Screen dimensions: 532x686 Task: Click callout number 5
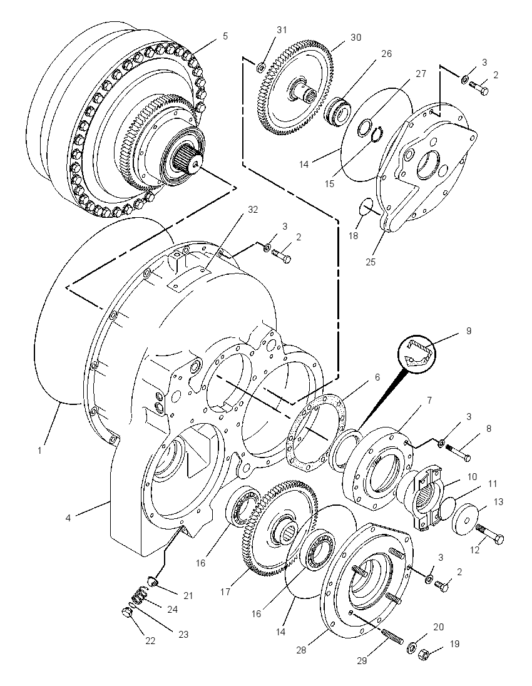(x=225, y=36)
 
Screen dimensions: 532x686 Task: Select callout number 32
(x=253, y=210)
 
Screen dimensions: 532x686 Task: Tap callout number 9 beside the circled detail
(x=469, y=331)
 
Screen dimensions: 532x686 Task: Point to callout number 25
(x=371, y=262)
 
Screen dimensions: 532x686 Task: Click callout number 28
(x=301, y=650)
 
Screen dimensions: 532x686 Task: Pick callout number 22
(x=150, y=641)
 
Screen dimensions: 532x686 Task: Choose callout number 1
(x=40, y=450)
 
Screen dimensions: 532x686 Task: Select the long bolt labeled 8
(x=458, y=453)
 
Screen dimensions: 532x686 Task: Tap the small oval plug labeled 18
(x=366, y=206)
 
